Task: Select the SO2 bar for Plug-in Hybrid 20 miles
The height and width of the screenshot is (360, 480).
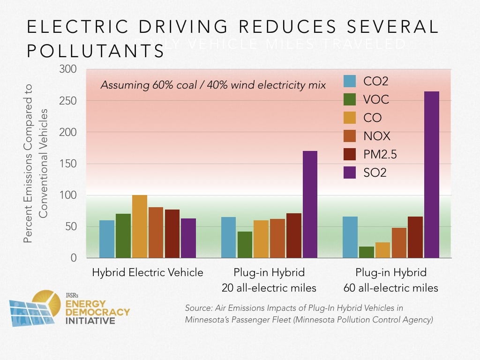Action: click(309, 204)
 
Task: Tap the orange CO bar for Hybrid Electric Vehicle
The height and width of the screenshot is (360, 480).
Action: click(140, 226)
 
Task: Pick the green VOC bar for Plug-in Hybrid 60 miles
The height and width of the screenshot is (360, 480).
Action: click(366, 252)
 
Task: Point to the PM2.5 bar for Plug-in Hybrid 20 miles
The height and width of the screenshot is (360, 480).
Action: click(293, 235)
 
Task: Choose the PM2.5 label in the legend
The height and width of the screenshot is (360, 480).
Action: click(380, 155)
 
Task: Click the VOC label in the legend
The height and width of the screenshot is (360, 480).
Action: click(376, 100)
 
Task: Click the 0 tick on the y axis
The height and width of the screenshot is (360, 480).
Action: click(74, 258)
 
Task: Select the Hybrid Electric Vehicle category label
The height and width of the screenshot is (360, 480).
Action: click(148, 273)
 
